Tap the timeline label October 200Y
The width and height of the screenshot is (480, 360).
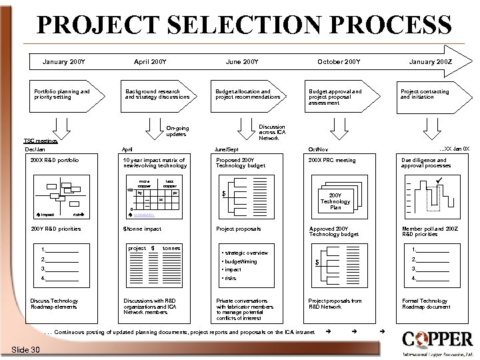pyautogui.click(x=339, y=63)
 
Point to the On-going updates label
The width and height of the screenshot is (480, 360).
pyautogui.click(x=177, y=131)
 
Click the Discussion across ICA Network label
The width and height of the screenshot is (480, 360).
pyautogui.click(x=272, y=132)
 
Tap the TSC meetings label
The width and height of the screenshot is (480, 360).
pyautogui.click(x=41, y=141)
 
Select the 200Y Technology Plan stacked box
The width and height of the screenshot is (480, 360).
pyautogui.click(x=335, y=201)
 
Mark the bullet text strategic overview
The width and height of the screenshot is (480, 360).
pyautogui.click(x=245, y=253)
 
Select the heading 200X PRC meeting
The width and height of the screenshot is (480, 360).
pyautogui.click(x=332, y=161)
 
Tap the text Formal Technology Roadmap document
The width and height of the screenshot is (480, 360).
pyautogui.click(x=425, y=303)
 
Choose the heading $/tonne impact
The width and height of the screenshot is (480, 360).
pyautogui.click(x=143, y=229)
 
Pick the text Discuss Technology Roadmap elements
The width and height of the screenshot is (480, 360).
pyautogui.click(x=55, y=303)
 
